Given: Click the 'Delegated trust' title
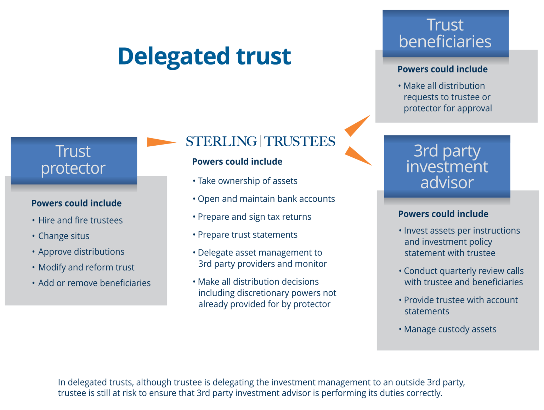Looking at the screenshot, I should [204, 56].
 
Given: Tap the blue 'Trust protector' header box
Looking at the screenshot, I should [74, 160].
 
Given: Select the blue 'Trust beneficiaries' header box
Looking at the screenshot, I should [445, 33].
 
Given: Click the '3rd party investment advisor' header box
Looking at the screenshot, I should [447, 166].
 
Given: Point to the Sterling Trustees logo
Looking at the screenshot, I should [260, 141].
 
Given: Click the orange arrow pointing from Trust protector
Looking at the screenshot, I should [161, 142].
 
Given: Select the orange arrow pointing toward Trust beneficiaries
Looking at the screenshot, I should [358, 125].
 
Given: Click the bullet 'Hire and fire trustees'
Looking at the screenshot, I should [80, 220].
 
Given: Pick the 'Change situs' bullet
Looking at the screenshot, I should [64, 236].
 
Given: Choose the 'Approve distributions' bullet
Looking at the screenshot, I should [81, 252].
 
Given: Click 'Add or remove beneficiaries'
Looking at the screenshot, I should [94, 283].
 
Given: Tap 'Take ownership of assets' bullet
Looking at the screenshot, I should [247, 181].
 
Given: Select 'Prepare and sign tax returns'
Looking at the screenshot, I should [254, 217].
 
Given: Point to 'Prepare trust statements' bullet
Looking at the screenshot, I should [247, 235].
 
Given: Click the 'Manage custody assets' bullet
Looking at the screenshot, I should [450, 329].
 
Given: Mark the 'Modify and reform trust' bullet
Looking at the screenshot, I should [86, 267].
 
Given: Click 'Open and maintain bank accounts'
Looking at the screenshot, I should [266, 199].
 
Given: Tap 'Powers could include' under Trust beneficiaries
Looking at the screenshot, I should [442, 69].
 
